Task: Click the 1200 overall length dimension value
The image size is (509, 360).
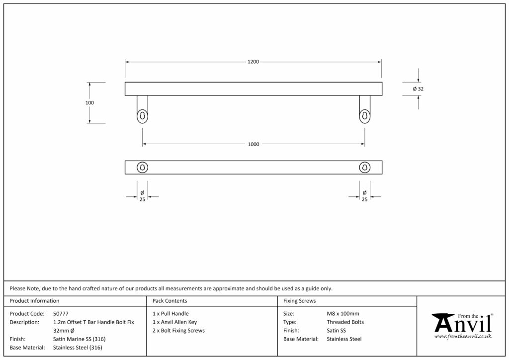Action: (253, 62)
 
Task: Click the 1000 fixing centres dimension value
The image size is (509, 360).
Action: (254, 144)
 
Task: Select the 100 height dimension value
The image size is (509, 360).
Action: (89, 102)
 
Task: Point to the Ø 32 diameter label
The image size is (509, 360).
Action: (418, 89)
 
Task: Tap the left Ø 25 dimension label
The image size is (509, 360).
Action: (142, 196)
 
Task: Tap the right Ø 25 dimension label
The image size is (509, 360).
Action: (364, 196)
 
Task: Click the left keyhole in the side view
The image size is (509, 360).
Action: (142, 115)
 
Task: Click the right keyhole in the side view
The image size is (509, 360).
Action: (364, 115)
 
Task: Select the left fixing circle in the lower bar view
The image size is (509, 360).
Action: (142, 168)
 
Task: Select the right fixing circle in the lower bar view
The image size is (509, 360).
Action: (364, 168)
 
